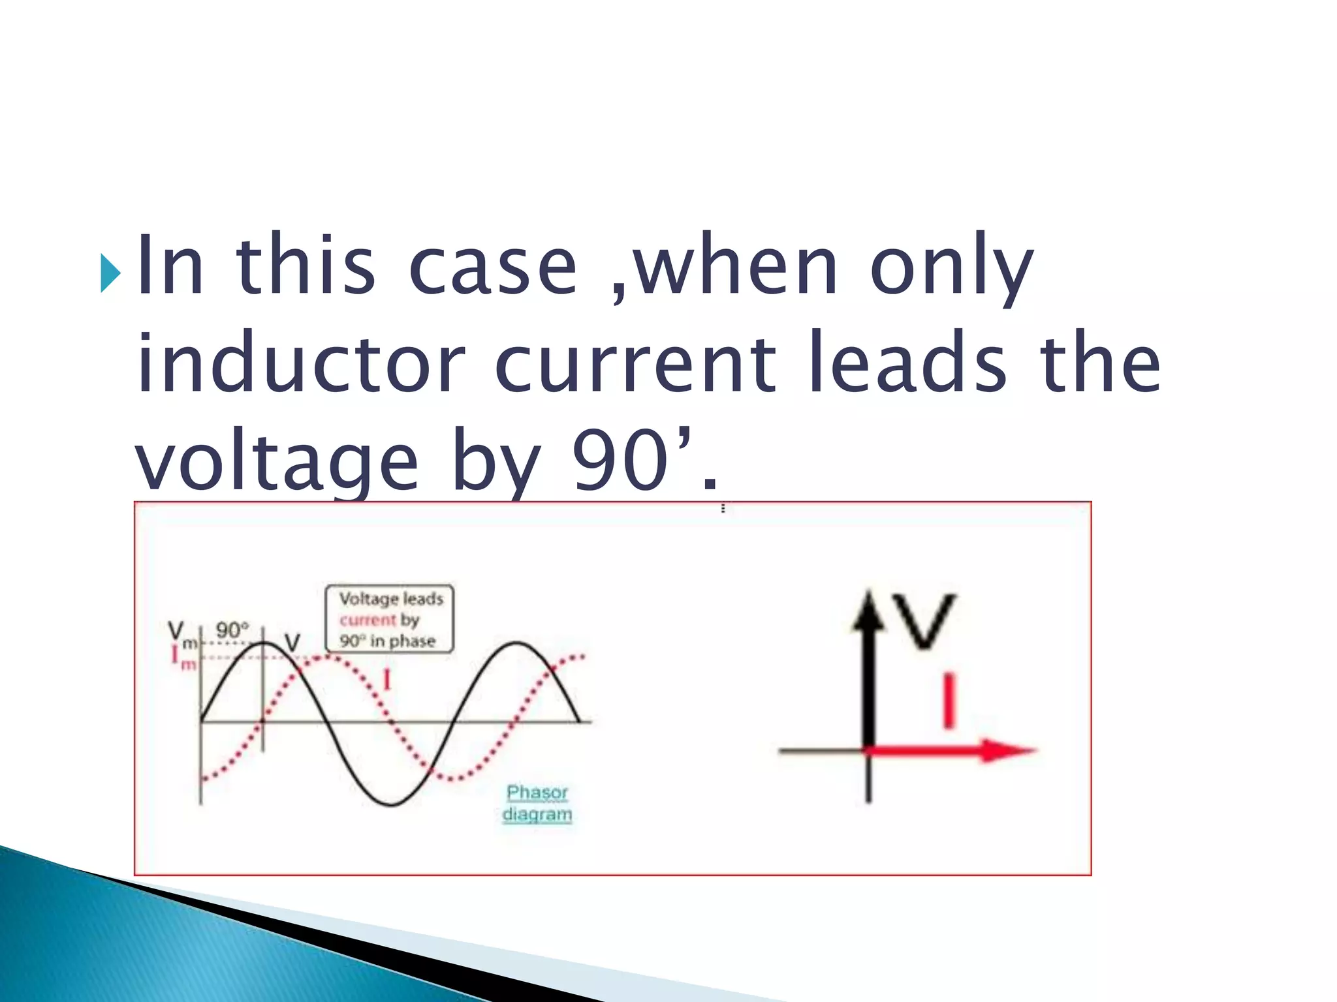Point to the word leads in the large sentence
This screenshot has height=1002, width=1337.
click(x=907, y=363)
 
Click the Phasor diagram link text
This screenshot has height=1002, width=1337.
click(x=537, y=803)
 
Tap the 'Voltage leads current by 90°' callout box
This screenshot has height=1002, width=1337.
click(x=390, y=618)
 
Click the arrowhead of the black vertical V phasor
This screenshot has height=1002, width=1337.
click(x=868, y=610)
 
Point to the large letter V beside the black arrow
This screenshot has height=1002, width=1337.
click(x=924, y=620)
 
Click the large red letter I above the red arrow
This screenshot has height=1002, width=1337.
click(x=949, y=702)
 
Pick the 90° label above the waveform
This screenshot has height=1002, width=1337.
click(x=232, y=630)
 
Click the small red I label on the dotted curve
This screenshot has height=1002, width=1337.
click(x=386, y=680)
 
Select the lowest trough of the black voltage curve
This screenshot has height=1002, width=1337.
click(x=390, y=805)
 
